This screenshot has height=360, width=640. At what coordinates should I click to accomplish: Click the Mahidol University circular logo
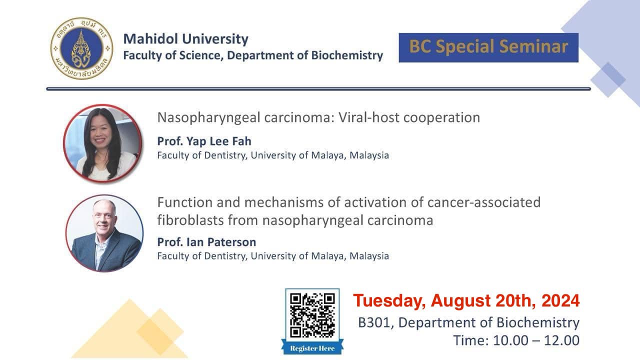(x=81, y=48)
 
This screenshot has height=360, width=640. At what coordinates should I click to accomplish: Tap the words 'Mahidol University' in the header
(x=185, y=39)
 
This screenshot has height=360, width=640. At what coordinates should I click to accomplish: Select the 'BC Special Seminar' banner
(x=488, y=47)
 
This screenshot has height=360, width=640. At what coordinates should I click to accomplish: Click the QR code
(x=312, y=315)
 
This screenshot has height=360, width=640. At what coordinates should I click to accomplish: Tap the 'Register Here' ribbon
(x=312, y=348)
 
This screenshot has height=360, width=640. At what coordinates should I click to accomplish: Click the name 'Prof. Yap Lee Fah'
(x=204, y=141)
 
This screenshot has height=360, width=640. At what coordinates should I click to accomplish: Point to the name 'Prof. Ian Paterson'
(x=206, y=242)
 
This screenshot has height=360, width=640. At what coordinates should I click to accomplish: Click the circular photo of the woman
(x=102, y=143)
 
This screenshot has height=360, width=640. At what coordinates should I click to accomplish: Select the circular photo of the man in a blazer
(x=104, y=233)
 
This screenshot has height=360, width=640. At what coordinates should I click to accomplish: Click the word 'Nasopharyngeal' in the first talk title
(x=209, y=117)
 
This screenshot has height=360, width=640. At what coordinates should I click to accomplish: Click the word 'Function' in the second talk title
(x=184, y=202)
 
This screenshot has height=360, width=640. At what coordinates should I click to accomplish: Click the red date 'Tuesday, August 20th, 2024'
(x=466, y=301)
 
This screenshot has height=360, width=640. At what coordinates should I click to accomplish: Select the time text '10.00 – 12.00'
(x=536, y=340)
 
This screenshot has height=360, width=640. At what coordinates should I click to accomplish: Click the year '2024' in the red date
(x=560, y=300)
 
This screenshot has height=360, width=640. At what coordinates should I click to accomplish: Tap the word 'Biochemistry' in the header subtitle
(x=347, y=55)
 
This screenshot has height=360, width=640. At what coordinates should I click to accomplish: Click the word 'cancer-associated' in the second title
(x=484, y=202)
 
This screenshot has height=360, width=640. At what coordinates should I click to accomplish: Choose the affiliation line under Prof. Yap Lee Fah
(x=273, y=155)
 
